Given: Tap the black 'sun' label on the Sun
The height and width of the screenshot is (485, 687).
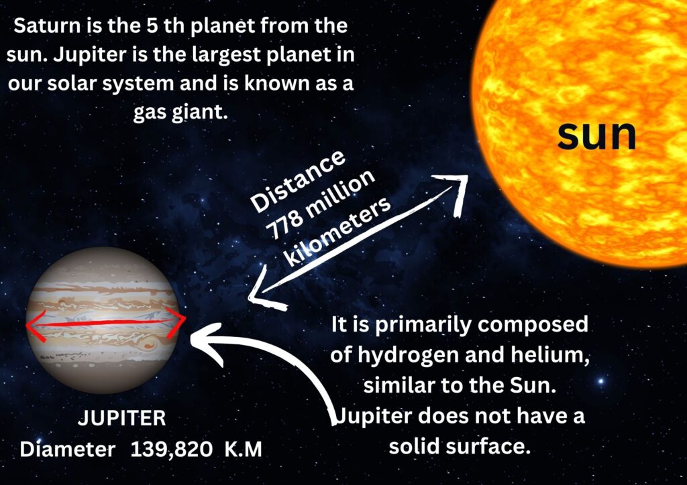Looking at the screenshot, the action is (596, 135).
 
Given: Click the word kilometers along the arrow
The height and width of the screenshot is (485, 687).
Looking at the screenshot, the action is (337, 232).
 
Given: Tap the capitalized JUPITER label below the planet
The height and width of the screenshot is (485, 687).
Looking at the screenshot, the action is (122, 419).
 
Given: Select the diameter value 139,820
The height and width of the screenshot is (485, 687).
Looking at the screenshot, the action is (171, 449).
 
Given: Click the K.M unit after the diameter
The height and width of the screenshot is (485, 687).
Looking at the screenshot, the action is (243, 449).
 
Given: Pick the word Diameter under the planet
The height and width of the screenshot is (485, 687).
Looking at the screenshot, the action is (68, 449).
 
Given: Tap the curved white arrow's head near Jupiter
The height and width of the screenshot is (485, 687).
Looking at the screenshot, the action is (207, 343).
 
